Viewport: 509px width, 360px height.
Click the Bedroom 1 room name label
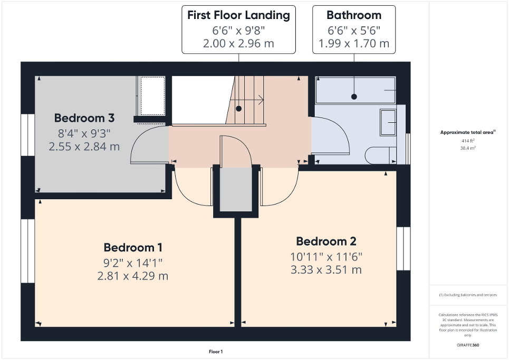click(132, 247)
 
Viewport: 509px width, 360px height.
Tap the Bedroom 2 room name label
click(326, 241)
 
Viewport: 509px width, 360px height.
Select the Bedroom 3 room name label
click(84, 118)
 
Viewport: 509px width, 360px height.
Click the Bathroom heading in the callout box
click(353, 15)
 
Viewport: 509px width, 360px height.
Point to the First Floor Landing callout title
click(238, 15)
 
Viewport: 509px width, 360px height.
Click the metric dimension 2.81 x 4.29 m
click(132, 276)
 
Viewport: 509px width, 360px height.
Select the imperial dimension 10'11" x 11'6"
click(326, 257)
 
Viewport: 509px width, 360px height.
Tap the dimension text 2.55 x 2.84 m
click(84, 147)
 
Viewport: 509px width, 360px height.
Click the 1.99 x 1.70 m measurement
click(353, 43)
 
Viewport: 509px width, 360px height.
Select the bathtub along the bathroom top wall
click(355, 91)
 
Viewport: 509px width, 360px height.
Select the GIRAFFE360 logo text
click(468, 345)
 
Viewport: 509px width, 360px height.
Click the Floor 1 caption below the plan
click(216, 352)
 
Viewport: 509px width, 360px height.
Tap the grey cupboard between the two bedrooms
click(236, 190)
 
